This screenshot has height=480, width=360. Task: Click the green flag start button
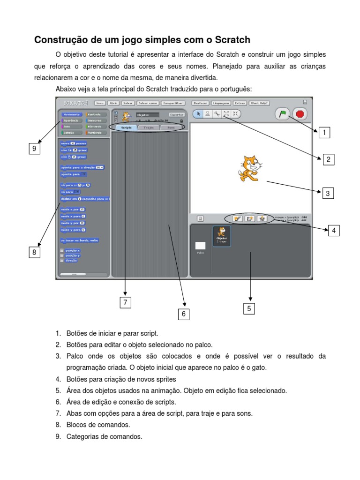(x=283, y=114)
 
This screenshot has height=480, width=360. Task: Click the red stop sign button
(x=300, y=114)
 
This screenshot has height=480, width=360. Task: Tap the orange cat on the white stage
(x=249, y=168)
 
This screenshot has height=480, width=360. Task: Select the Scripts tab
(x=126, y=127)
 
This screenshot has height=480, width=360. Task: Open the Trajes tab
(x=149, y=127)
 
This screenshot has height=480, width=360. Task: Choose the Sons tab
(x=172, y=127)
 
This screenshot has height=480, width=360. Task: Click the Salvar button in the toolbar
(x=128, y=103)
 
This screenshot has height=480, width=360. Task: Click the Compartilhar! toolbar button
(x=173, y=103)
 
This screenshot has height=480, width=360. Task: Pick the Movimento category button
(x=71, y=114)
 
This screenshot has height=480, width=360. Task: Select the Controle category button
(x=96, y=114)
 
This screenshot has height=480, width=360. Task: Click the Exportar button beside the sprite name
(x=176, y=114)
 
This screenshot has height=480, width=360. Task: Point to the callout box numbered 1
(x=324, y=133)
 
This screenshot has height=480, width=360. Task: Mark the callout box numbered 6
(x=183, y=314)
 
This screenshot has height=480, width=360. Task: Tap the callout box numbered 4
(x=333, y=230)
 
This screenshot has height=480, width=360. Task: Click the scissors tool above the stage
(x=217, y=113)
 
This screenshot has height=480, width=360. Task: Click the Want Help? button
(x=260, y=103)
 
